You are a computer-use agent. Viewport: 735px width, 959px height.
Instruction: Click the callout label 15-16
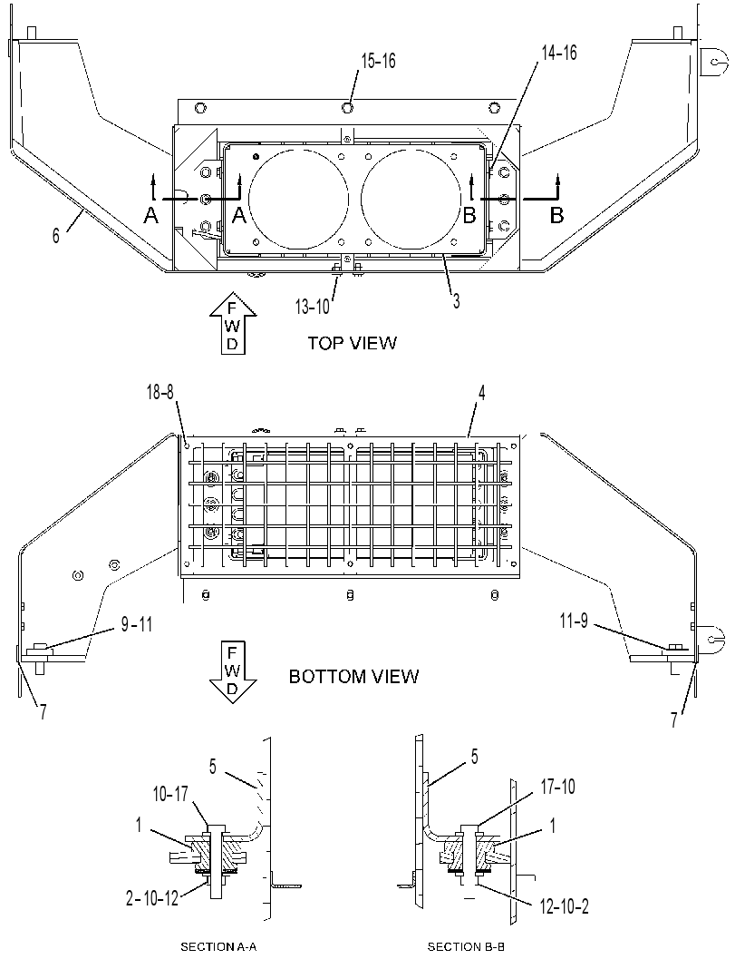point(378,61)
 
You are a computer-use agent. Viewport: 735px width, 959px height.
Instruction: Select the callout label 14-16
point(559,54)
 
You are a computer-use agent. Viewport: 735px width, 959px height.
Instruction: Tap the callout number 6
point(56,236)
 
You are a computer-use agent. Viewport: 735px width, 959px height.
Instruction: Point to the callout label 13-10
point(312,307)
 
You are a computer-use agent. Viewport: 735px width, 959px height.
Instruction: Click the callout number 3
point(456,300)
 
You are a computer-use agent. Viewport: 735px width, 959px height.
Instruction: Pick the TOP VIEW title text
point(352,343)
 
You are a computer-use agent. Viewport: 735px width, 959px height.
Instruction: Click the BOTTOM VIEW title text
point(353,677)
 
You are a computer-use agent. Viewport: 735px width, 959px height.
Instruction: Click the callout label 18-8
point(160,393)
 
